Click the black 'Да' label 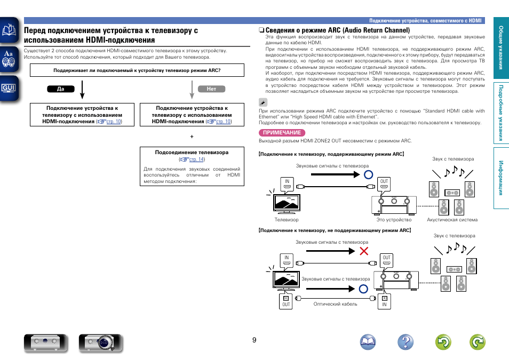(60, 89)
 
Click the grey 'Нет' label (211, 89)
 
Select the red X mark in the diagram (364, 251)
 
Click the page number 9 (254, 340)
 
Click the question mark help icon (405, 342)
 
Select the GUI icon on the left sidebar (9, 87)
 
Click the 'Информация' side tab (500, 178)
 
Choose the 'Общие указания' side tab (500, 47)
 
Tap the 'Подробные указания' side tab (500, 114)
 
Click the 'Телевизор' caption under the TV (287, 220)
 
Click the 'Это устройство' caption (394, 220)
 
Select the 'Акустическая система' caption (452, 220)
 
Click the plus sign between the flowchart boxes (192, 137)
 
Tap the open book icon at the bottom (368, 342)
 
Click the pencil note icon (263, 102)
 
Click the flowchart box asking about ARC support (137, 70)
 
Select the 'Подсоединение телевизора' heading (192, 153)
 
